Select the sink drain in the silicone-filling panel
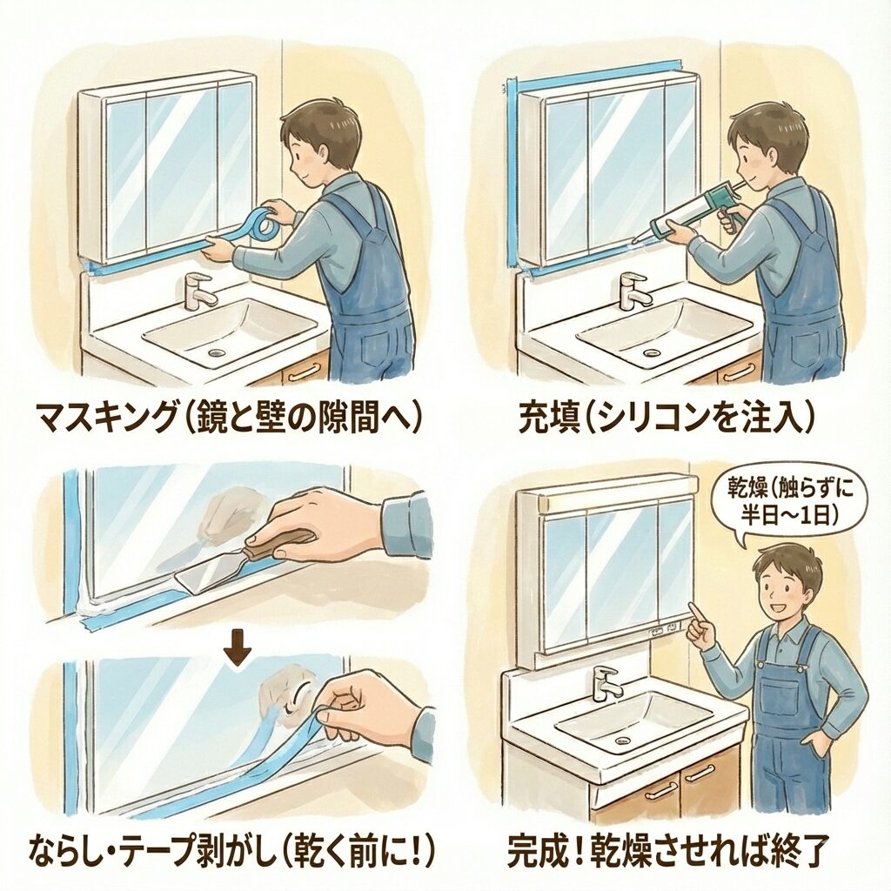pyautogui.click(x=649, y=352)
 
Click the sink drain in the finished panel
pyautogui.click(x=623, y=740)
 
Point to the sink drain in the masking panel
pyautogui.click(x=216, y=353)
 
